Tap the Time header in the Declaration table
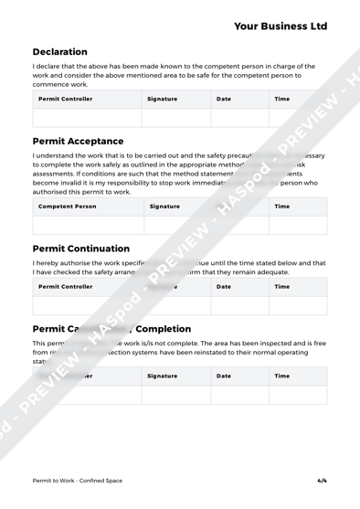tap(282, 98)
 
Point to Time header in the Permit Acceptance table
tap(282, 207)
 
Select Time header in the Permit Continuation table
tap(282, 286)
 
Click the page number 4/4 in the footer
tap(321, 479)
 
